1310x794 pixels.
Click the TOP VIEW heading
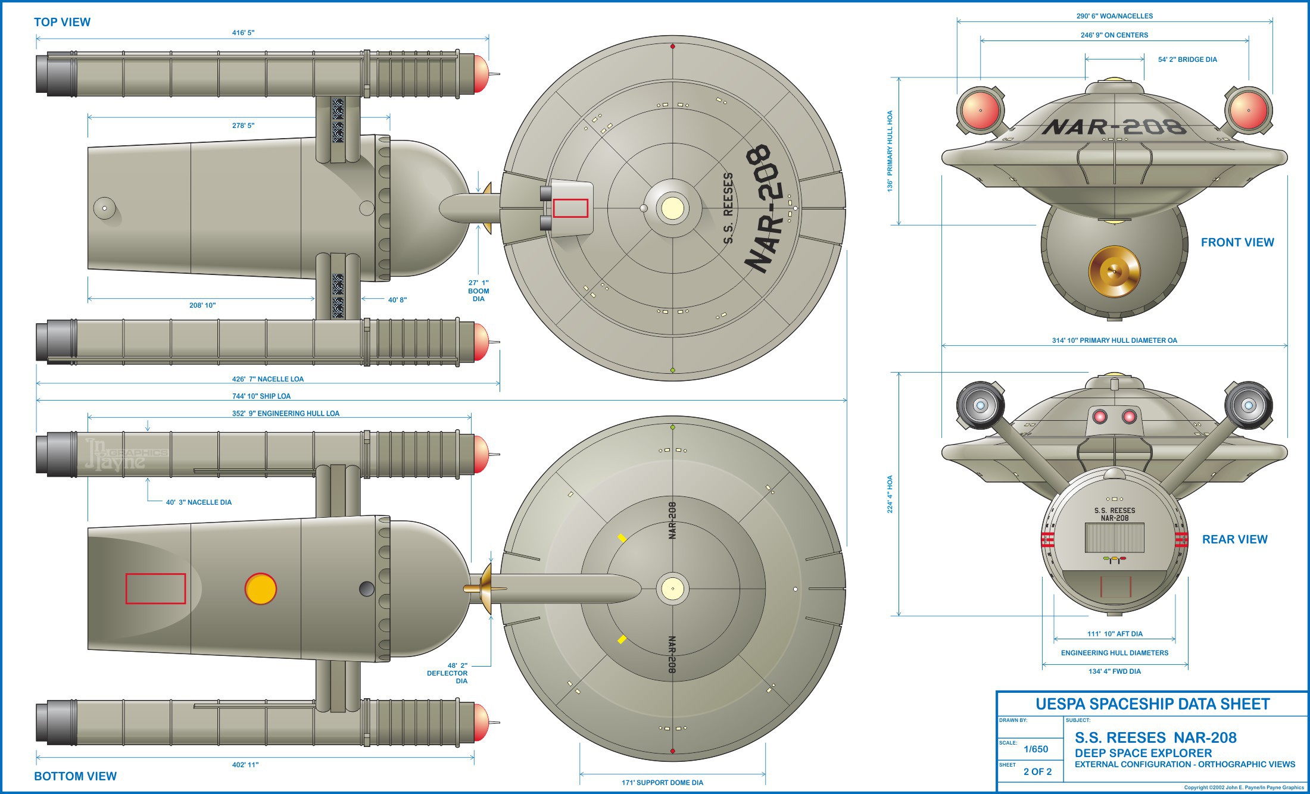[x=62, y=22]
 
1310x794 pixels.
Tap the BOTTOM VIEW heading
[x=75, y=776]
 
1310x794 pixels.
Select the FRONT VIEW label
[x=1237, y=242]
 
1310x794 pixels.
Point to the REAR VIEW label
[x=1234, y=539]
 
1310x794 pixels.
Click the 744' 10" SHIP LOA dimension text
[x=261, y=396]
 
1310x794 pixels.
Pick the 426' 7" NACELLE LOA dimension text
[x=267, y=379]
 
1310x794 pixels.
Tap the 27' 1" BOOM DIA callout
[x=478, y=290]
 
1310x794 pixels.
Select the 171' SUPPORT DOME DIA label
[x=662, y=783]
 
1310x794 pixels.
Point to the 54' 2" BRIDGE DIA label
[x=1187, y=60]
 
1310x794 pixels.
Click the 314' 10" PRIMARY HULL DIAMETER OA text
[x=1114, y=340]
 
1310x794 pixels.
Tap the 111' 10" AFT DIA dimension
[x=1115, y=634]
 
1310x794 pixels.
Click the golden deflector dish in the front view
[x=1114, y=271]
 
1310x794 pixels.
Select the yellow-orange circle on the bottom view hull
[x=261, y=589]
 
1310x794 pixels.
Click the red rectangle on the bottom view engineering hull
[x=155, y=589]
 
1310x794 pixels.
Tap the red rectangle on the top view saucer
[x=570, y=208]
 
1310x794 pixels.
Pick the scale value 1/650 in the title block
[x=1035, y=749]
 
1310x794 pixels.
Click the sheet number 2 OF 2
[x=1037, y=772]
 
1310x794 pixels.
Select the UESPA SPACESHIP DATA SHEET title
[x=1152, y=704]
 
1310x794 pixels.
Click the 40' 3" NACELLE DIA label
[x=198, y=502]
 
